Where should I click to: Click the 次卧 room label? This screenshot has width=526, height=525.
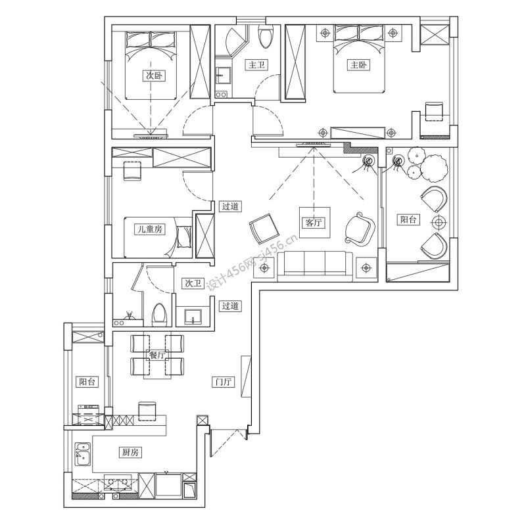click(154, 76)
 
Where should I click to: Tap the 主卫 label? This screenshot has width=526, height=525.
click(256, 64)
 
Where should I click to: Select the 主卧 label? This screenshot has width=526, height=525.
click(358, 64)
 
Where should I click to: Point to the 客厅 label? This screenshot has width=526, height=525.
click(314, 222)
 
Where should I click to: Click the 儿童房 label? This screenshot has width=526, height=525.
click(150, 229)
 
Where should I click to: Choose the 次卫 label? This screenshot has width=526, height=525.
click(193, 283)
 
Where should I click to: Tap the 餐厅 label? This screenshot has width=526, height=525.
click(156, 355)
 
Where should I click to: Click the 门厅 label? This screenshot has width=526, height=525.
click(224, 382)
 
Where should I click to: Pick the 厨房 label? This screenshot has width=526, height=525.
click(130, 452)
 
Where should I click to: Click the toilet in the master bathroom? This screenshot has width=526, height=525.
click(266, 37)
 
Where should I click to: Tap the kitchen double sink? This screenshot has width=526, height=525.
click(83, 454)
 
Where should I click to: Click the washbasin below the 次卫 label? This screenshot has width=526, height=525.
click(193, 317)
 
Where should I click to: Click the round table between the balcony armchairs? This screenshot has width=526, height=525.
click(439, 221)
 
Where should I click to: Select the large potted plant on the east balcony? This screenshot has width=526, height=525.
click(434, 168)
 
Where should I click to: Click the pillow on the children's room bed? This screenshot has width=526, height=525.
click(183, 237)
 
